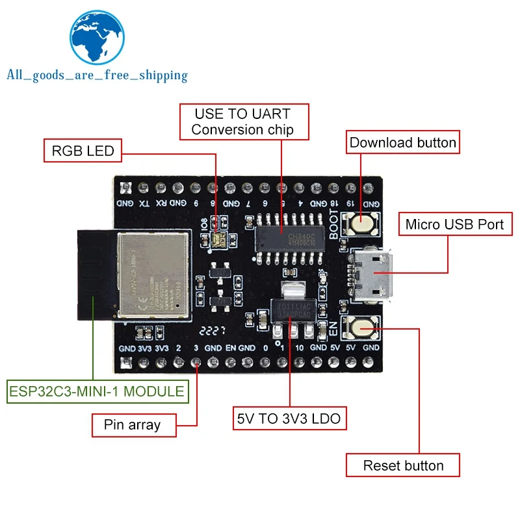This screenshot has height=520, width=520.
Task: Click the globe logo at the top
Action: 96,38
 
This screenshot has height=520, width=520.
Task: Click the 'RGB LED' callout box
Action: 83,151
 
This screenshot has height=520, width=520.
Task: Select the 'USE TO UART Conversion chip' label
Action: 242,122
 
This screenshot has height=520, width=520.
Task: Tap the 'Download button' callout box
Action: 403,142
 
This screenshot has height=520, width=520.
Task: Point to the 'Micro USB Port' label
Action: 454,224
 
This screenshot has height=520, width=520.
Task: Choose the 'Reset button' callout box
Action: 403,465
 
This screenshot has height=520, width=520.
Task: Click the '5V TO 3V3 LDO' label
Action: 289,419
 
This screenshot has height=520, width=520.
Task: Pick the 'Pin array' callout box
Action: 132,425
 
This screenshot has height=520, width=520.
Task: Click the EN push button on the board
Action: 362,328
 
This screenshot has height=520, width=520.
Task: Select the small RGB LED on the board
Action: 217,241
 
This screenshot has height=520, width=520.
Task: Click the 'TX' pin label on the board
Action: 143,203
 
